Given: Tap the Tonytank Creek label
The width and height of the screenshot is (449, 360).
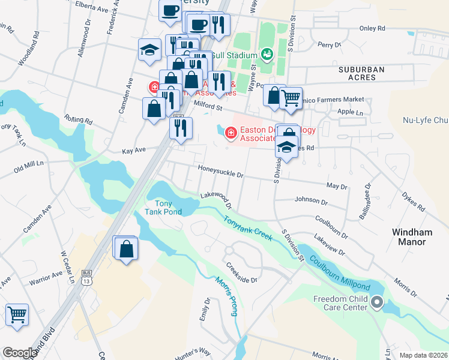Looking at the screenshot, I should click(x=248, y=229).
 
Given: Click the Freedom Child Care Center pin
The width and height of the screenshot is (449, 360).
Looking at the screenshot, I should click(x=377, y=302).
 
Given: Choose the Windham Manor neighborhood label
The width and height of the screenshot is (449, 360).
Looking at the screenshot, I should click(x=417, y=236).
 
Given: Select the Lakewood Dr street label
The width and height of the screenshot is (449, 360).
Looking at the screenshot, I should click(x=216, y=196).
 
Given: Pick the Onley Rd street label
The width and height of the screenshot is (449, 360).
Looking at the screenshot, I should click(x=372, y=28).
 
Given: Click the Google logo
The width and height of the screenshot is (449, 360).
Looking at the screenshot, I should click(x=20, y=352).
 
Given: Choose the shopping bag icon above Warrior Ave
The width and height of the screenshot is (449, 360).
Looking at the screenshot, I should click(x=127, y=249).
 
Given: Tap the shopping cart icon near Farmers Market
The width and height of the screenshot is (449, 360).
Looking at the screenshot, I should click(x=291, y=97).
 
